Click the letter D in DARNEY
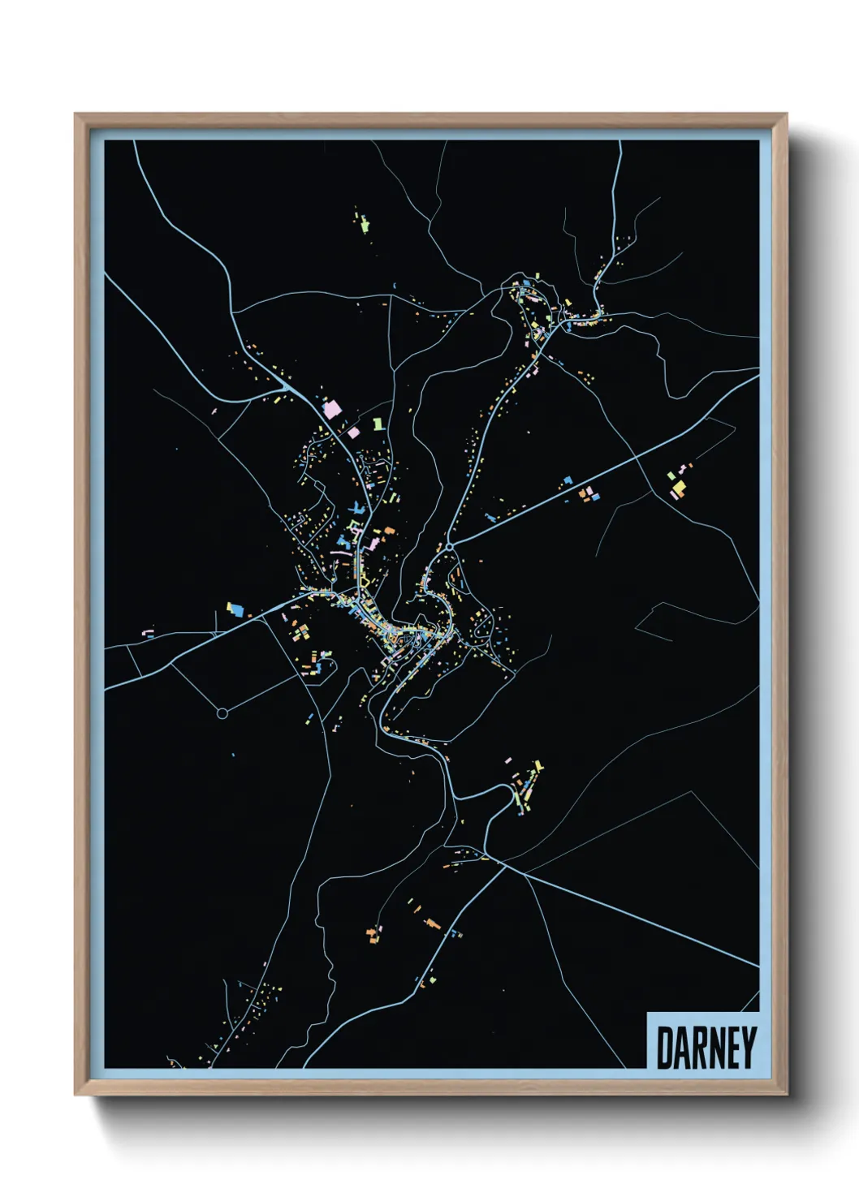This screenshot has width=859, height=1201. (663, 1048)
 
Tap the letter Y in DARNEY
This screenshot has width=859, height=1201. (749, 1048)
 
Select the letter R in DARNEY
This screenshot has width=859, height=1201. (698, 1048)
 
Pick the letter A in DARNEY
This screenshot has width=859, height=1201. (680, 1048)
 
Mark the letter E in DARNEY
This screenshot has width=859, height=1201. (733, 1048)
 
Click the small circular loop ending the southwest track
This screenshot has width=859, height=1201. (222, 713)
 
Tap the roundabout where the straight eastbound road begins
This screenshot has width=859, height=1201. (449, 549)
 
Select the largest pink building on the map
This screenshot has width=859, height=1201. (330, 408)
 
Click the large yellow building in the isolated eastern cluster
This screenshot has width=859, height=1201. (679, 488)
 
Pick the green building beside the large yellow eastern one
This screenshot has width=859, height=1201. (671, 476)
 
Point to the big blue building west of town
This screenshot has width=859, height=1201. (235, 607)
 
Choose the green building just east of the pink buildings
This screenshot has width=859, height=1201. (377, 424)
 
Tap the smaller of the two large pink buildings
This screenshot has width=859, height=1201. (353, 433)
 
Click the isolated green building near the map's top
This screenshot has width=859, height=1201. (364, 221)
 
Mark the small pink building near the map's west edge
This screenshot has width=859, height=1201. (148, 631)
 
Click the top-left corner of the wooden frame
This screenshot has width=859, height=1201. (76, 115)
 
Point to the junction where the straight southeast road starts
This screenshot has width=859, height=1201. (504, 866)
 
